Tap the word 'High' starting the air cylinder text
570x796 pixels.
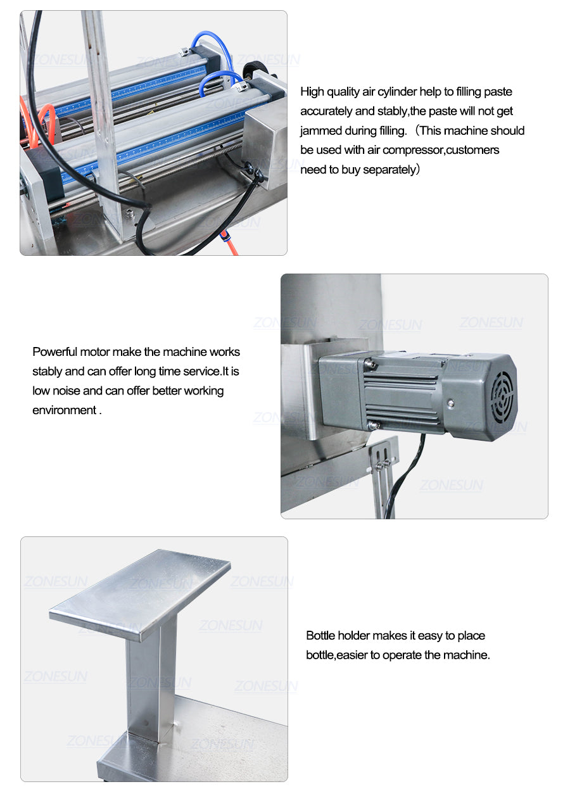[x=312, y=92]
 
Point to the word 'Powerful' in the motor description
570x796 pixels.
[x=54, y=352]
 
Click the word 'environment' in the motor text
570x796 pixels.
[x=65, y=410]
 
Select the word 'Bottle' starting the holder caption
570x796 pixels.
[x=320, y=635]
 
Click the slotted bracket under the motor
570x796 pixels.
[x=383, y=476]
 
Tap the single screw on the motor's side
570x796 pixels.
[x=450, y=403]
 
